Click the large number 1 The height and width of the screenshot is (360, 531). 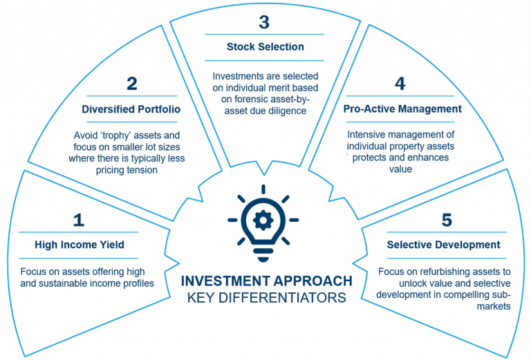(79, 220)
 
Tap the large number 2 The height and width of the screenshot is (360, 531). (132, 84)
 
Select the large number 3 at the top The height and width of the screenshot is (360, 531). (264, 22)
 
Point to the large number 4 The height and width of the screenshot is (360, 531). (400, 84)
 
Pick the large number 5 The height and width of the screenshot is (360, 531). (447, 220)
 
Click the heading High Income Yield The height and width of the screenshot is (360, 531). (80, 245)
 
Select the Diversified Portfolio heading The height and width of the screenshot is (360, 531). (131, 109)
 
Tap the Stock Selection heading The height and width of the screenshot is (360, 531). (265, 47)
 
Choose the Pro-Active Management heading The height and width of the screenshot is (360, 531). (402, 109)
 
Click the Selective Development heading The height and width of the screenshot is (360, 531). (444, 245)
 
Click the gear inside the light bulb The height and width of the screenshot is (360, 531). (263, 220)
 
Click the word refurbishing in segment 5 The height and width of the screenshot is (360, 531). (444, 272)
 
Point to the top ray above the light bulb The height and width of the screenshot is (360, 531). (263, 189)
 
